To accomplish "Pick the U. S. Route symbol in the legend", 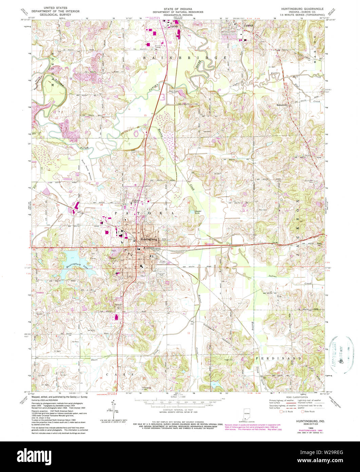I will (281, 412).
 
